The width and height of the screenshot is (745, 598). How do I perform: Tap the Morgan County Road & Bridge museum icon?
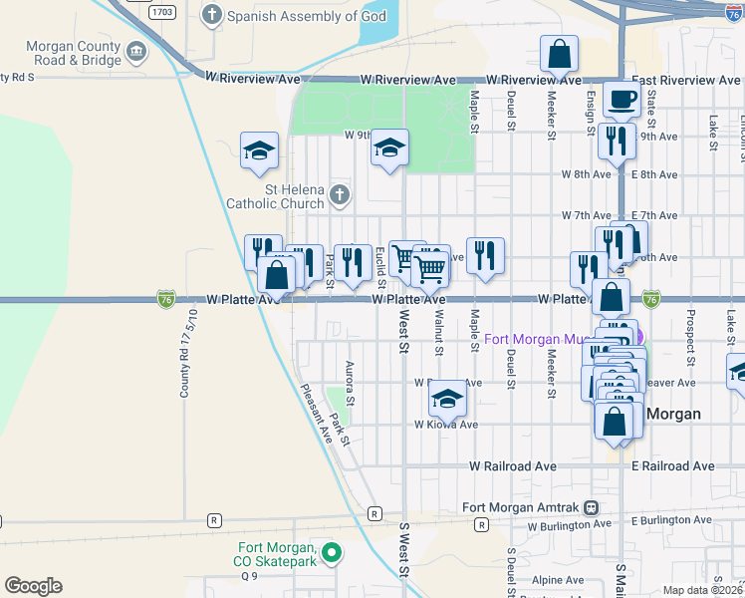[136, 49]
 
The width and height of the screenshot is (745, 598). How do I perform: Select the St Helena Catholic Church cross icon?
[340, 194]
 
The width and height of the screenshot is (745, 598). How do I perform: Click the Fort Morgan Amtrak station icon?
[591, 506]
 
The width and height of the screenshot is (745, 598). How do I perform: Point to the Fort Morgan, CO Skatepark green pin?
[334, 551]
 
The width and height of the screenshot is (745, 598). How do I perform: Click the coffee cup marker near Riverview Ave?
[621, 99]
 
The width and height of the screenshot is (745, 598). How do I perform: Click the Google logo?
[33, 586]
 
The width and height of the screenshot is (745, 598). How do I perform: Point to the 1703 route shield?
[162, 13]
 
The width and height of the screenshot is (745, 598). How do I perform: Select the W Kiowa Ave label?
[446, 424]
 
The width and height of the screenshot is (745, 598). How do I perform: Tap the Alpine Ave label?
[557, 579]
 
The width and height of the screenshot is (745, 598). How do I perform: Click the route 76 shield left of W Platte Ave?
[166, 299]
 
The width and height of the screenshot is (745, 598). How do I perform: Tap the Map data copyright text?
[702, 590]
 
